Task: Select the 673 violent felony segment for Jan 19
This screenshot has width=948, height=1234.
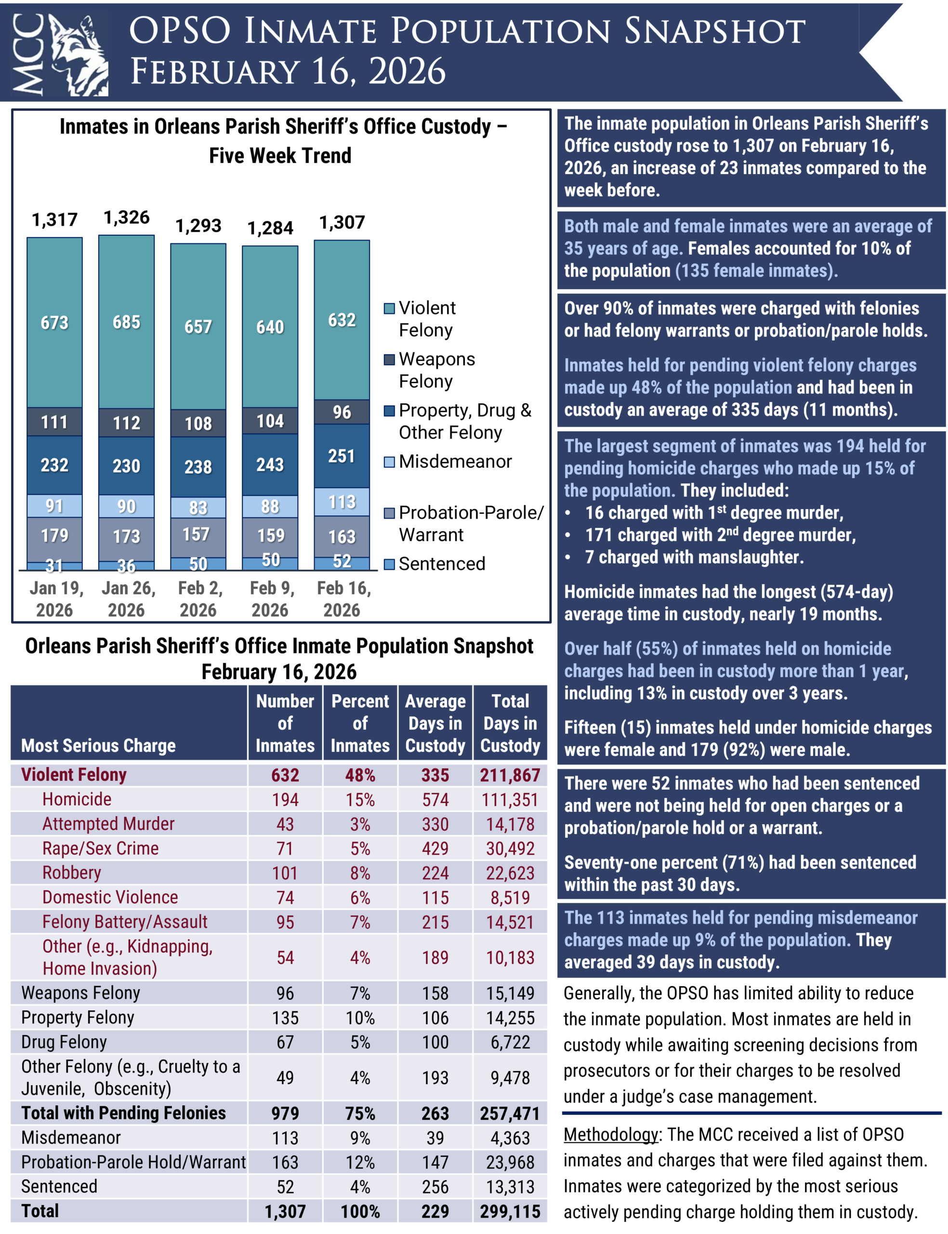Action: (x=55, y=322)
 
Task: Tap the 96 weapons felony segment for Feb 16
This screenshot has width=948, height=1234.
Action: (x=342, y=412)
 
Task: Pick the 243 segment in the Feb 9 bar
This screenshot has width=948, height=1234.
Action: (x=270, y=465)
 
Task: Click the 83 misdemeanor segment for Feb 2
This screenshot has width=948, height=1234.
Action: (x=198, y=508)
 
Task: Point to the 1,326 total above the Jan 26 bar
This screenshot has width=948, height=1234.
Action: (x=126, y=217)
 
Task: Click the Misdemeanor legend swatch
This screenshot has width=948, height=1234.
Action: (x=389, y=462)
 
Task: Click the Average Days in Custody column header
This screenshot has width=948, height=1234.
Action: (x=435, y=723)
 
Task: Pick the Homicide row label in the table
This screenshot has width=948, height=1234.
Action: (x=77, y=799)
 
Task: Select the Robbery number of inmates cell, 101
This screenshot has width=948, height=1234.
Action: (x=285, y=873)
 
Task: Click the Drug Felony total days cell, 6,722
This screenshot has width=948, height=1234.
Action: (x=510, y=1042)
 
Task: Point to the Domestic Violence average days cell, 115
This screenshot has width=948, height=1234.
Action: (x=435, y=898)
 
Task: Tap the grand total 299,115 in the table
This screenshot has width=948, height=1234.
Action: (x=510, y=1211)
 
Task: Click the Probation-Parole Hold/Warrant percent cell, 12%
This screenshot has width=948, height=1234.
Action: (x=360, y=1162)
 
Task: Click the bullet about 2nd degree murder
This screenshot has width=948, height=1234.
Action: (x=720, y=535)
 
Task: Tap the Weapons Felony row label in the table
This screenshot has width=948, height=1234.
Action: (x=81, y=993)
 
